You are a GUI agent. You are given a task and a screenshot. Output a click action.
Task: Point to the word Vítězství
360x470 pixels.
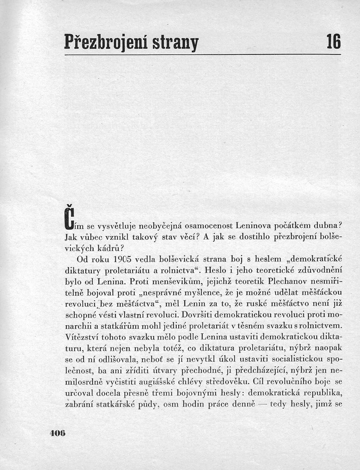click(84, 337)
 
